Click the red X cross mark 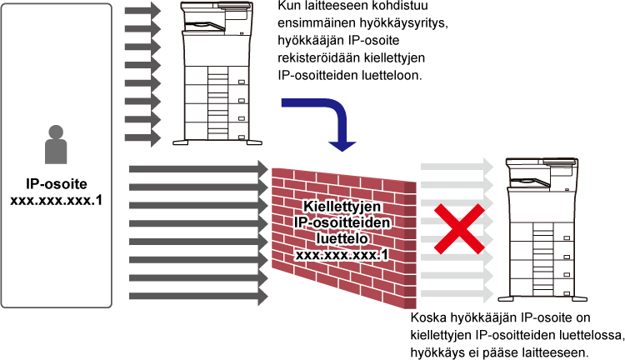tap(459, 229)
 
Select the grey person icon tap(56, 144)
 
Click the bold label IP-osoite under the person tap(56, 184)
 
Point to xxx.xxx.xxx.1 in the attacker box tap(56, 200)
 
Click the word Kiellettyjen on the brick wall tap(342, 206)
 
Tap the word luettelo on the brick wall tap(342, 238)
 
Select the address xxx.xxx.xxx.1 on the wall tap(342, 255)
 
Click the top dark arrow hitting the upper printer tap(142, 10)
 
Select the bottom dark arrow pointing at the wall tap(198, 296)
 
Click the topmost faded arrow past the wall tap(457, 166)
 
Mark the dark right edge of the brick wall tap(410, 245)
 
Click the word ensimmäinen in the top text tap(317, 23)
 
